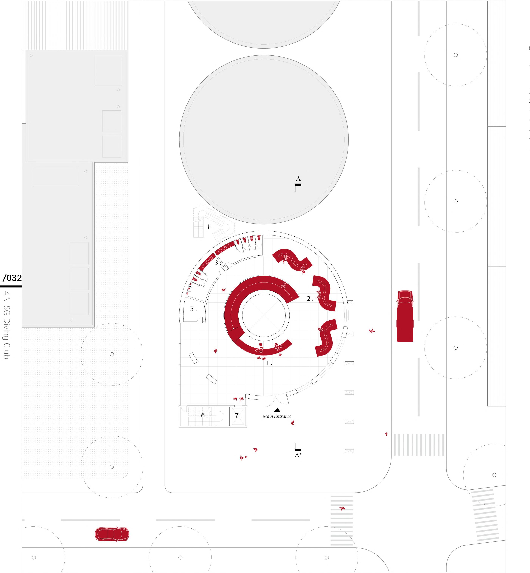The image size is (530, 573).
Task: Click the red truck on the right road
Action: click(405, 316)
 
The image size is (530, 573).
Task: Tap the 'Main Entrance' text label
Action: click(277, 416)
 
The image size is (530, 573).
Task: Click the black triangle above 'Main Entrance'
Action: click(277, 410)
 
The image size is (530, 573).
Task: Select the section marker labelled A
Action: click(298, 183)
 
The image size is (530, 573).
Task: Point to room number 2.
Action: click(309, 299)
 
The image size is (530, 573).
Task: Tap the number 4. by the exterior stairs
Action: click(209, 227)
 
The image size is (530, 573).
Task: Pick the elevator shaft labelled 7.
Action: click(238, 415)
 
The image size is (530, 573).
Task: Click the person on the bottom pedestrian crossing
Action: click(342, 508)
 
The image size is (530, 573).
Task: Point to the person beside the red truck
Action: click(372, 330)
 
